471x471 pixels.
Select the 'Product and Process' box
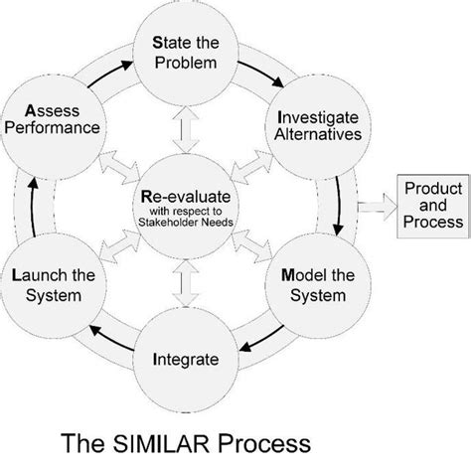point(430,206)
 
